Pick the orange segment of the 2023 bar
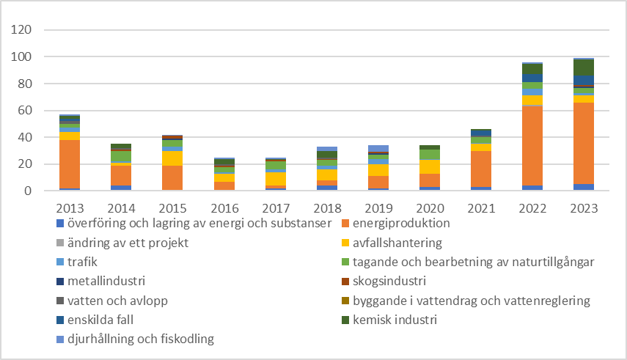tap(584, 143)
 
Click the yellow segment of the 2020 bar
tap(430, 166)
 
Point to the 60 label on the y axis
tap(26, 111)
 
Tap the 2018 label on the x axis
tap(326, 207)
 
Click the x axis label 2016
tap(224, 207)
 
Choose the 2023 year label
tap(584, 207)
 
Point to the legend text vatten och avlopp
tap(111, 301)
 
